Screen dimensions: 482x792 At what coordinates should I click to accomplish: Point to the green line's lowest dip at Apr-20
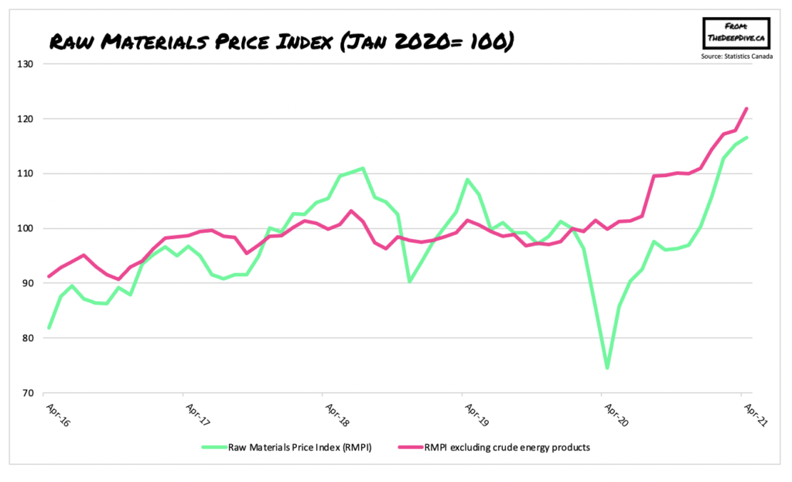tap(607, 367)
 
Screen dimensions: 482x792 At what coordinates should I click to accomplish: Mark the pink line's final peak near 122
tap(746, 109)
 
